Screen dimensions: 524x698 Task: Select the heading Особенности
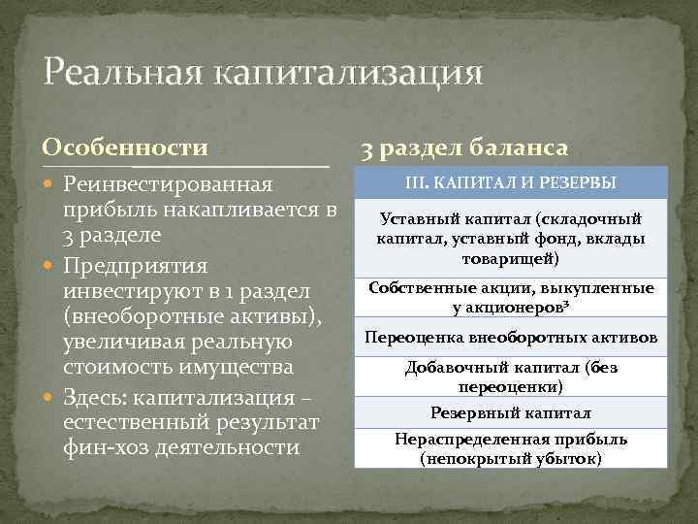[125, 147]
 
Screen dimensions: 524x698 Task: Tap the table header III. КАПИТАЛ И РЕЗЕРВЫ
[510, 183]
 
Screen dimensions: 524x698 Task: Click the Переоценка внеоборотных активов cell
[510, 338]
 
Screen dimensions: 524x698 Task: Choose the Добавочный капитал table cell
[510, 377]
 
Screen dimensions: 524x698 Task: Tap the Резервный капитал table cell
[510, 412]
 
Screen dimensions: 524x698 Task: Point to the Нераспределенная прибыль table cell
[510, 448]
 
